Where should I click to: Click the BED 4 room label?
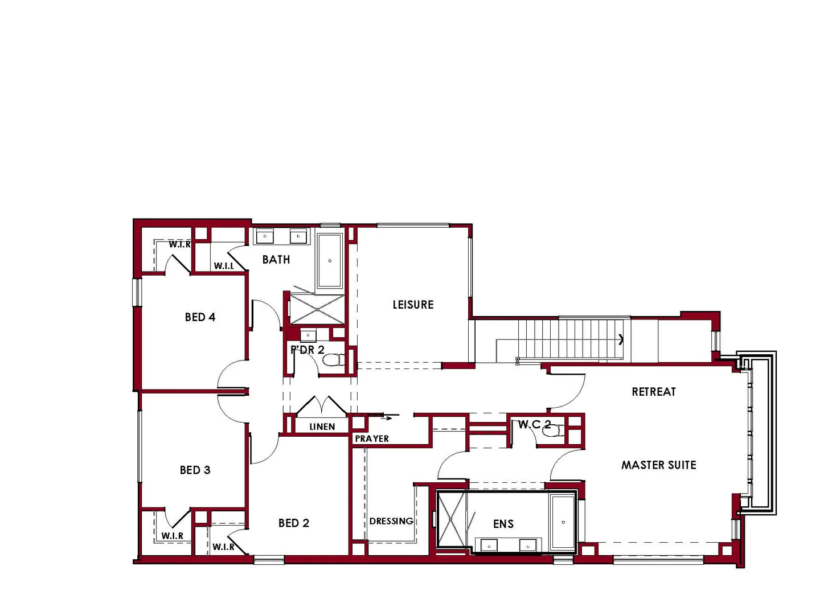pos(200,317)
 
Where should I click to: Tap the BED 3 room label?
pos(195,470)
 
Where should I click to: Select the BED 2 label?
pos(293,523)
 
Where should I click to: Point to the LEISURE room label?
pos(413,305)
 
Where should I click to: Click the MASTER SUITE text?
pos(658,465)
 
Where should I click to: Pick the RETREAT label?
pos(653,392)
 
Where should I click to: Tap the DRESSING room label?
pos(391,521)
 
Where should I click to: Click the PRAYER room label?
pos(372,438)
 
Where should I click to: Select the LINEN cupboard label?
pos(322,427)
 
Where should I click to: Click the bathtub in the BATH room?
pos(329,260)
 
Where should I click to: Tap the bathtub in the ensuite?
pos(563,522)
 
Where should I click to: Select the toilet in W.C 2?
pos(551,430)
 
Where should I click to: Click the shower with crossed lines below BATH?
pos(317,309)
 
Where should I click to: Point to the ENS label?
pos(503,524)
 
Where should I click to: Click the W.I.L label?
pos(224,266)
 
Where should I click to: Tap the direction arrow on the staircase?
pos(621,340)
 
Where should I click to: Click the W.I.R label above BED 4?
pos(179,244)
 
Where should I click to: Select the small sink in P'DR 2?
pos(308,335)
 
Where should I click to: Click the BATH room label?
pos(276,260)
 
